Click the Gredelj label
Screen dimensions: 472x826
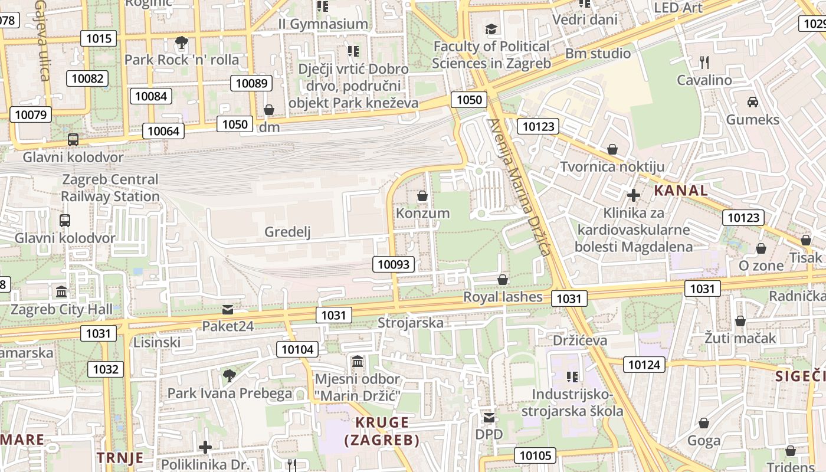287,232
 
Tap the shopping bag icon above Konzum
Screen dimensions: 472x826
422,195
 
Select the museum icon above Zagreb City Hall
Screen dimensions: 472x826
61,291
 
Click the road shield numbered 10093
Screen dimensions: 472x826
394,264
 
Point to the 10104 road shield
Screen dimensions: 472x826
297,349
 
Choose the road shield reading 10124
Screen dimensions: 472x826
644,365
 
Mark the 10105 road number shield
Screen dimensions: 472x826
535,455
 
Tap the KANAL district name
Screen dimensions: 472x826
681,191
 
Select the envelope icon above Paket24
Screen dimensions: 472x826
227,309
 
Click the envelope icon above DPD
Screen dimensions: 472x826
489,418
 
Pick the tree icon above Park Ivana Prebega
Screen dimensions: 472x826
230,375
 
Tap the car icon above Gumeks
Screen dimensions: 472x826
753,102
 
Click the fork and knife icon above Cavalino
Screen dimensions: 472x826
704,62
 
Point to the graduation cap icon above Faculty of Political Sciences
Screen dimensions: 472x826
491,29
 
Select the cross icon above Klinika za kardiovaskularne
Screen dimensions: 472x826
634,195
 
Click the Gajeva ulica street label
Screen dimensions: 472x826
41,40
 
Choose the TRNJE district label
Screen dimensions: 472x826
120,458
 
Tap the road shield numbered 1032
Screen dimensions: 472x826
106,369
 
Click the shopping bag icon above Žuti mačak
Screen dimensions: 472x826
740,321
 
